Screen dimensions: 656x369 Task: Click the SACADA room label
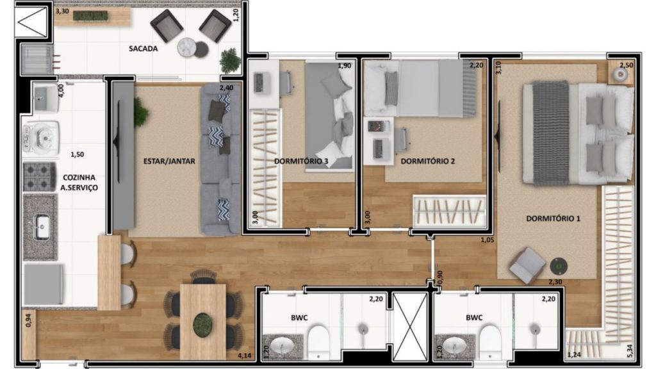click(143, 49)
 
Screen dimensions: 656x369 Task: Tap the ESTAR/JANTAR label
click(169, 161)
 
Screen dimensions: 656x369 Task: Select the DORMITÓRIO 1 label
click(553, 218)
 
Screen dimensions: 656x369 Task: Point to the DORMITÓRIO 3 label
click(301, 161)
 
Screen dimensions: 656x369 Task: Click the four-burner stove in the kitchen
click(39, 177)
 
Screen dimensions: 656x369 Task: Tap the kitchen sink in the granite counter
click(42, 227)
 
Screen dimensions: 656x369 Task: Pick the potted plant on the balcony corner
click(230, 60)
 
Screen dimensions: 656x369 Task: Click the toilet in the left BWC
click(319, 342)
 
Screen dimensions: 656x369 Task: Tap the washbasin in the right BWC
click(455, 346)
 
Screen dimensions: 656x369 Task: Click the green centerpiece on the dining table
click(203, 324)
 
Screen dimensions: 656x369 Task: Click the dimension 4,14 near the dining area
click(245, 356)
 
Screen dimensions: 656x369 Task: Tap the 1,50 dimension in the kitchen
click(77, 154)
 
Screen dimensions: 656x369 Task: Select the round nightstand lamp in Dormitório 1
click(620, 74)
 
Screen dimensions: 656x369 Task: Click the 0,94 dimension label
click(28, 320)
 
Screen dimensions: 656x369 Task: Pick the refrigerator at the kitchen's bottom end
click(44, 284)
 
